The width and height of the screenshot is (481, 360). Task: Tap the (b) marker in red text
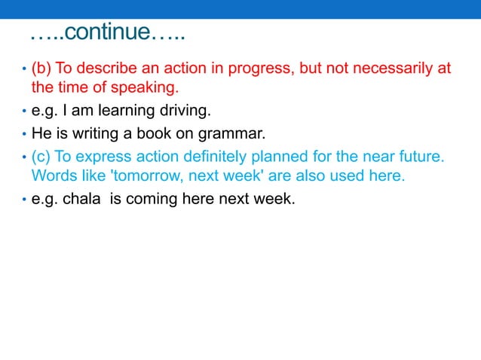coord(41,69)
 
